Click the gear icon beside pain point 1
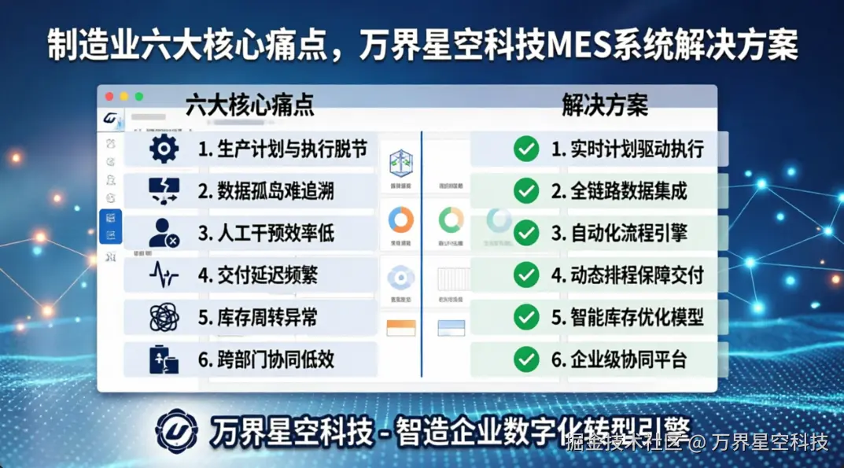coord(164,149)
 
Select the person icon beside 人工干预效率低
coord(163,233)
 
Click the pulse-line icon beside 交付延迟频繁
coord(164,275)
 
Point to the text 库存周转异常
coord(257,318)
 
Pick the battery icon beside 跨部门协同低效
coord(164,359)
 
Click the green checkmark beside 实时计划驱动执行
coord(525,149)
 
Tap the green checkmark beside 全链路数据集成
coord(525,190)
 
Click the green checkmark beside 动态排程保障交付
coord(525,275)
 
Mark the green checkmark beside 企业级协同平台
coord(525,359)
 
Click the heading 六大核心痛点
coord(249,105)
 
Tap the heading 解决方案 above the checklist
coord(604,105)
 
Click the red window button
coord(109,97)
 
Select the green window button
coord(139,97)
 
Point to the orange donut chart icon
coord(401,219)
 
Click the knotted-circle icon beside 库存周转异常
coord(164,318)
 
